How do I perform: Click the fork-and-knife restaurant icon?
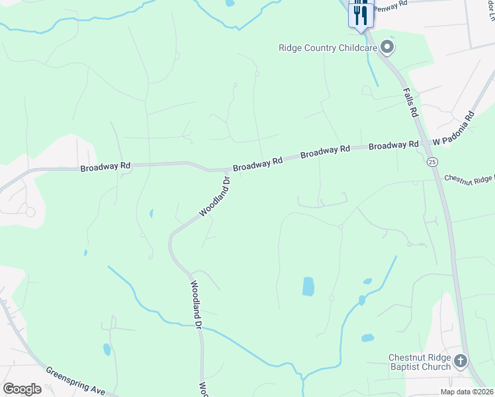(x=361, y=15)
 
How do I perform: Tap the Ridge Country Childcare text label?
(x=328, y=47)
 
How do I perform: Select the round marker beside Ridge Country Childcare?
(x=388, y=47)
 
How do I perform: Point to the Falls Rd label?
(x=411, y=103)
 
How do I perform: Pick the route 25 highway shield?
(x=432, y=162)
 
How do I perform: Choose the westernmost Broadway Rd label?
(x=106, y=167)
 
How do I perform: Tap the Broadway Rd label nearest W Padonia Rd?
(x=394, y=144)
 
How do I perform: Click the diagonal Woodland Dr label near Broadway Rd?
(x=215, y=197)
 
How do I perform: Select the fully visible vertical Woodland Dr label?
(x=196, y=304)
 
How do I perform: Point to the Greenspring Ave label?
(x=75, y=380)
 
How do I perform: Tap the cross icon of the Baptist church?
(x=461, y=361)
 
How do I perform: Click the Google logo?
(x=22, y=389)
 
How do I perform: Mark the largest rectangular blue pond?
(x=308, y=287)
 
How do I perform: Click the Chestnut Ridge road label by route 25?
(x=469, y=179)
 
